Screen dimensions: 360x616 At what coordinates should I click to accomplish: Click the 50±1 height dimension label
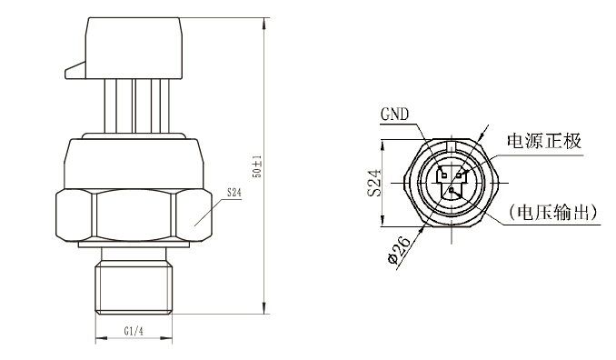(x=257, y=165)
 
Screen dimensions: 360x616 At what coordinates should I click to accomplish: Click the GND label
(x=393, y=116)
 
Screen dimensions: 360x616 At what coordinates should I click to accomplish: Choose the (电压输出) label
(x=554, y=213)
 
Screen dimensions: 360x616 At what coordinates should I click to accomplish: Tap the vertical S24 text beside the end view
(x=374, y=180)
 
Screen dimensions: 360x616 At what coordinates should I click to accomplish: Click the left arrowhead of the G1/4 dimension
(x=97, y=342)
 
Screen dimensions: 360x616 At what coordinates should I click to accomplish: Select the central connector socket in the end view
(x=451, y=181)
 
